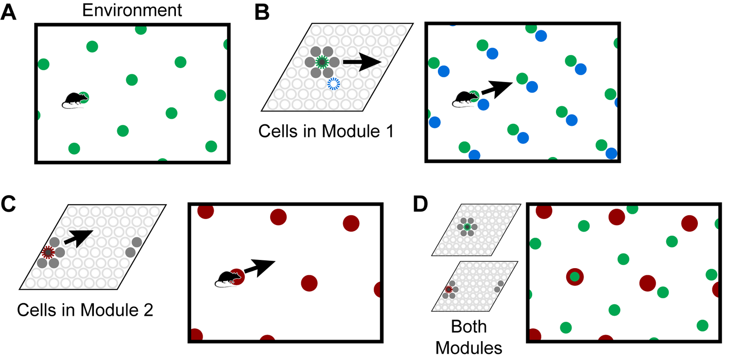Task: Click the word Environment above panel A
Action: [132, 10]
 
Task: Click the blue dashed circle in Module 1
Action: [333, 84]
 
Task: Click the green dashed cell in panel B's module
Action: [321, 62]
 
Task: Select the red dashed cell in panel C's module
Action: [48, 252]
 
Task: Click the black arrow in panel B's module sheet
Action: [362, 62]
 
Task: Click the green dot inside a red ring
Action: [575, 277]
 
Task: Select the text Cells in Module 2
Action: [85, 309]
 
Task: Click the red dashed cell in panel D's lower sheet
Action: [448, 290]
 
